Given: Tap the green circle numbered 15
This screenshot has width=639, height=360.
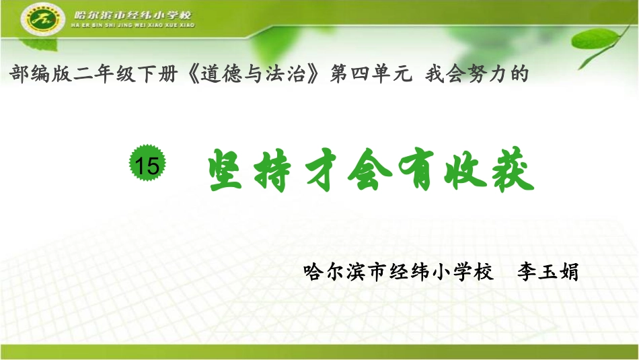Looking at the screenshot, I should [x=147, y=164].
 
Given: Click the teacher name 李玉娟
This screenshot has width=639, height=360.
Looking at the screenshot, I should [x=547, y=273].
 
